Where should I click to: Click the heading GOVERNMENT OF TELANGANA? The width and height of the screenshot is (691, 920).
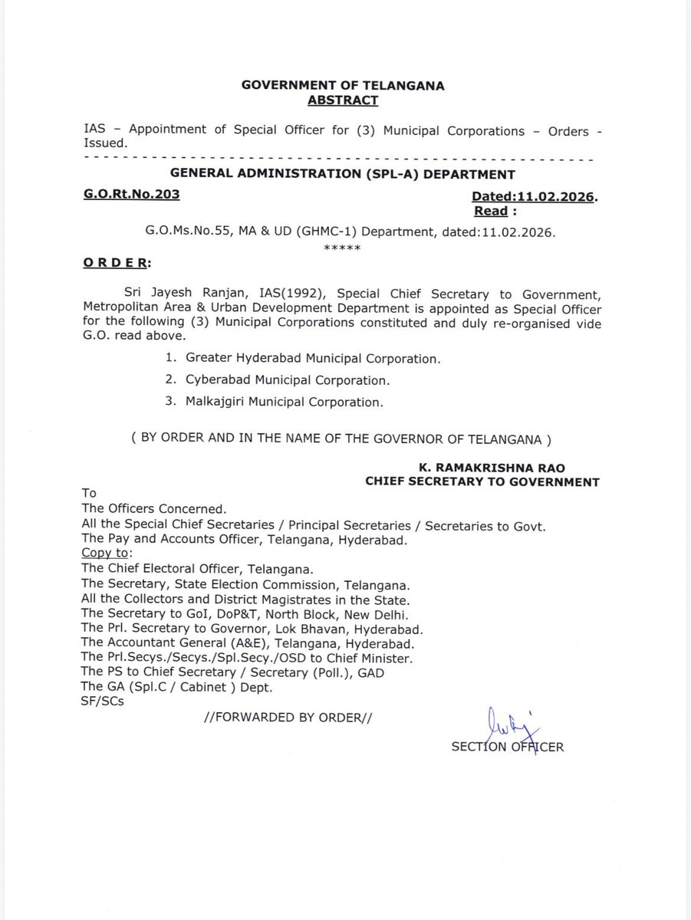343,87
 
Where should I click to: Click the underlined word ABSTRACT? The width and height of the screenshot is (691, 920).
342,100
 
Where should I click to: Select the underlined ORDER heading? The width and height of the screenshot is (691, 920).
117,264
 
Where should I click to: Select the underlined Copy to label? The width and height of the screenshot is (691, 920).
107,553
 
